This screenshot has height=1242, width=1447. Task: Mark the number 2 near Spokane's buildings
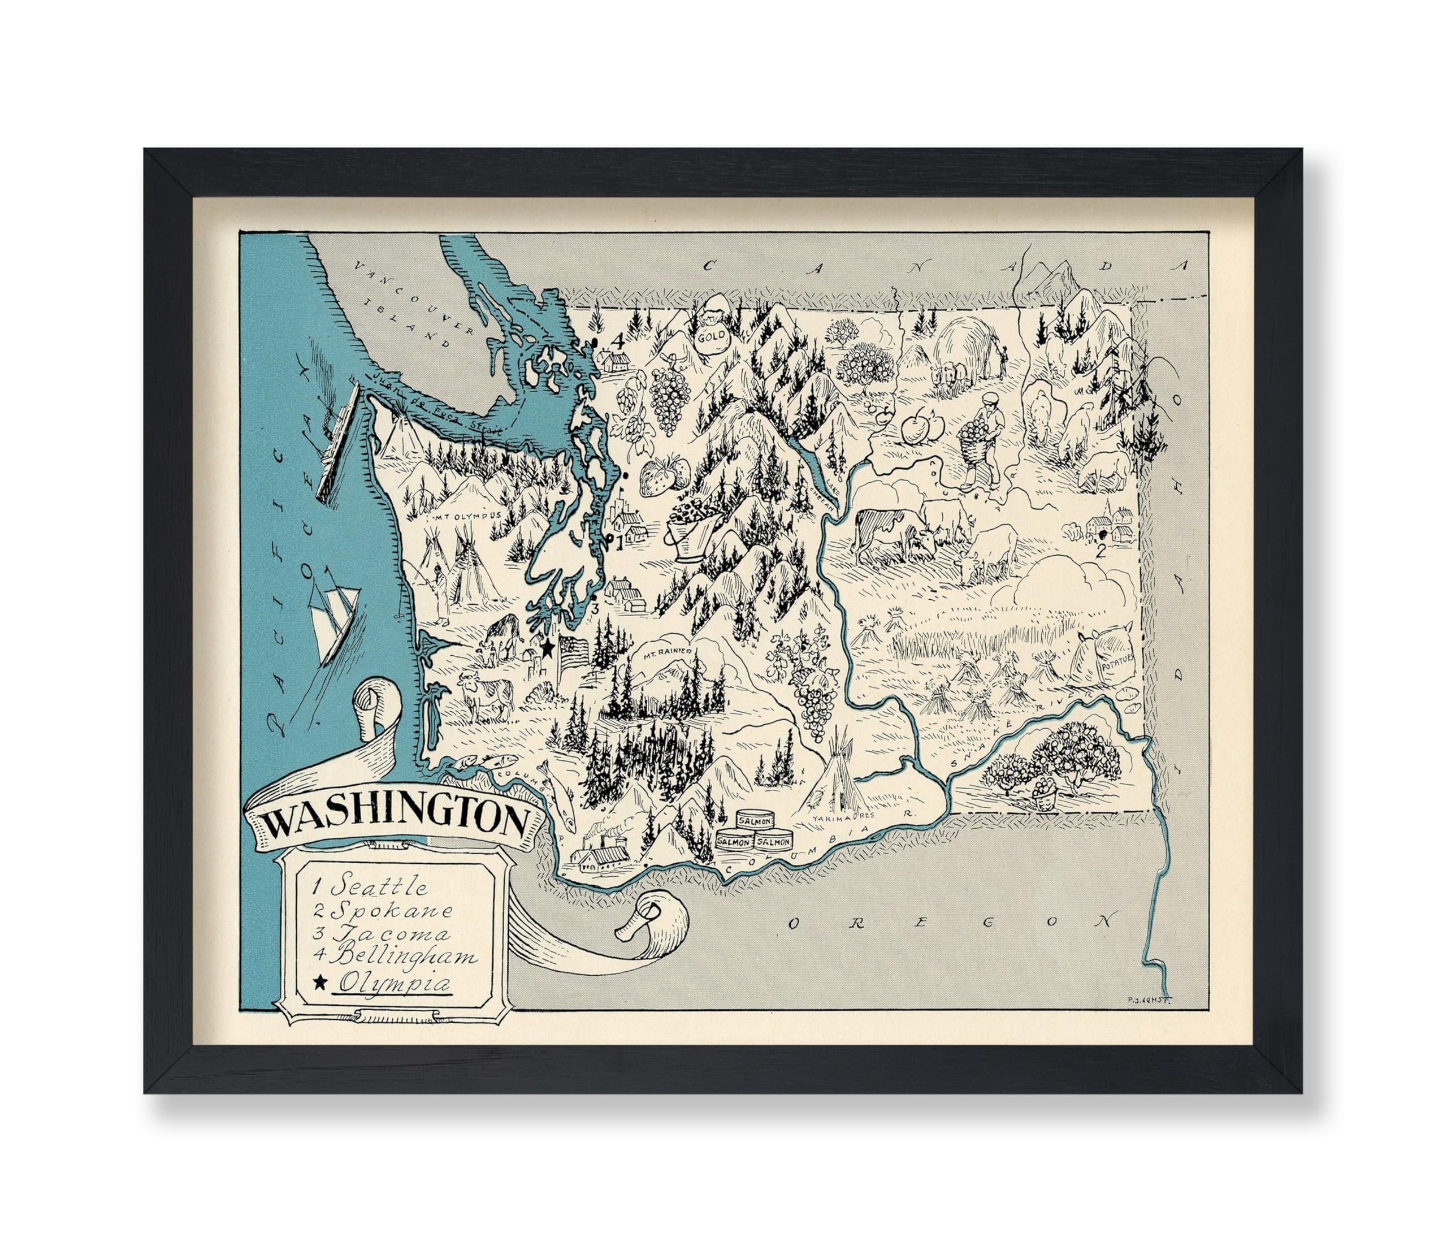click(1101, 570)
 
